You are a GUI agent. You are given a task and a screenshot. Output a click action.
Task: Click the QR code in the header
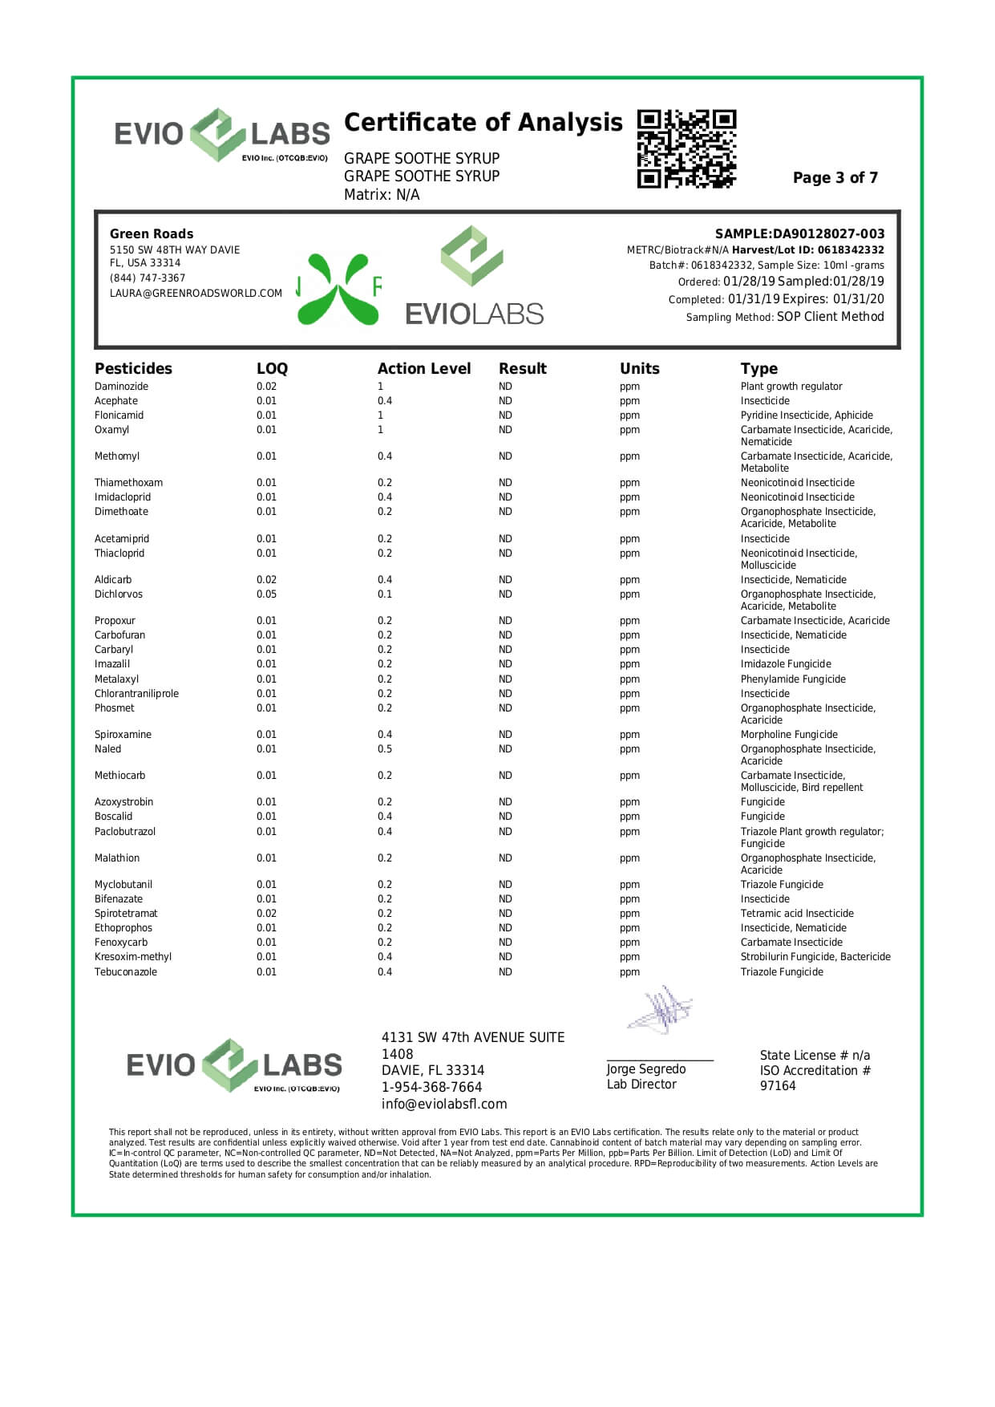tap(686, 148)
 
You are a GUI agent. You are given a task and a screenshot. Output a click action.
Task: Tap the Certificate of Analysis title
tap(483, 123)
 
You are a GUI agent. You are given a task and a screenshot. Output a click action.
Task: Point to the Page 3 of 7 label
tap(835, 178)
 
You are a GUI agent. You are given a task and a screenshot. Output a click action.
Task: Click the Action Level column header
tap(423, 369)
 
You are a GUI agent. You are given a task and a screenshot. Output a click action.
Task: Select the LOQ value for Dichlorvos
tap(266, 594)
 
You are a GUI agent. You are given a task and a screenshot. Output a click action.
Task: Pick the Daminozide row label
tap(121, 387)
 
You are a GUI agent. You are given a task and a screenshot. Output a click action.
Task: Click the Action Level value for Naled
tap(385, 749)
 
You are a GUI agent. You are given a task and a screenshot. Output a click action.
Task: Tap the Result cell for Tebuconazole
tap(505, 972)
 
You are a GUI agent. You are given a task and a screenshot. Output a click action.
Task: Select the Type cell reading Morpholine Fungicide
tap(788, 735)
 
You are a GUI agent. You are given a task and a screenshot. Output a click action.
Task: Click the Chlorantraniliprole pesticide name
tap(136, 694)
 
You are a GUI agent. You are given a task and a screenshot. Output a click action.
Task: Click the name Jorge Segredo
tap(645, 1069)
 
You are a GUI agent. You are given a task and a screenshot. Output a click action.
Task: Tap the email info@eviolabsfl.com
tap(443, 1105)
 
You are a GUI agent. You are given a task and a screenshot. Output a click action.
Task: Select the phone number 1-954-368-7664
tap(431, 1088)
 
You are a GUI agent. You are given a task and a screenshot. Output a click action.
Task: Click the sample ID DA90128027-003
tap(828, 234)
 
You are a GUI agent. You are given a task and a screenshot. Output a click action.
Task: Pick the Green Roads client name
tap(152, 234)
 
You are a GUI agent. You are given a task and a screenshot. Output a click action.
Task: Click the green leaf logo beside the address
tap(338, 289)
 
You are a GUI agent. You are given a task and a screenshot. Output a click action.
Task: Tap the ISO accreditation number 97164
tap(778, 1086)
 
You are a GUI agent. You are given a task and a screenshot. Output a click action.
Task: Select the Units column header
tap(639, 369)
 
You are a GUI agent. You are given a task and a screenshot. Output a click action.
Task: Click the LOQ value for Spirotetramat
tap(266, 914)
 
